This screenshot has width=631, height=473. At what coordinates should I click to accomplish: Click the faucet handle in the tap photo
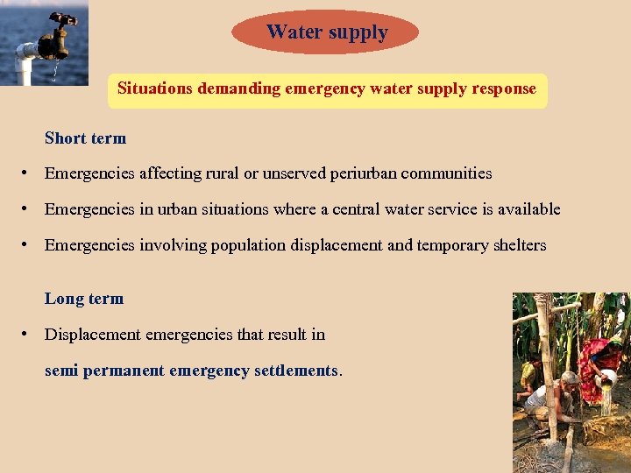pyautogui.click(x=63, y=19)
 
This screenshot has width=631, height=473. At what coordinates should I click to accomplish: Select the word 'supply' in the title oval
pyautogui.click(x=357, y=33)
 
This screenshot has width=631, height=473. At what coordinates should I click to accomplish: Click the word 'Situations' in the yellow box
pyautogui.click(x=155, y=88)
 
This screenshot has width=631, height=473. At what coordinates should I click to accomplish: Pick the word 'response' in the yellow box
pyautogui.click(x=503, y=88)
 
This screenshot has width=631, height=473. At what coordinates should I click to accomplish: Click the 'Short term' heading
pyautogui.click(x=85, y=138)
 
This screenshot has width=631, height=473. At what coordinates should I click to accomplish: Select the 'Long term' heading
pyautogui.click(x=84, y=299)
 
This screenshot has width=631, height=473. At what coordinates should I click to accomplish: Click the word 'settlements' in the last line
pyautogui.click(x=295, y=371)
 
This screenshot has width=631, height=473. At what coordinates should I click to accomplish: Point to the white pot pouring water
pyautogui.click(x=607, y=377)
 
